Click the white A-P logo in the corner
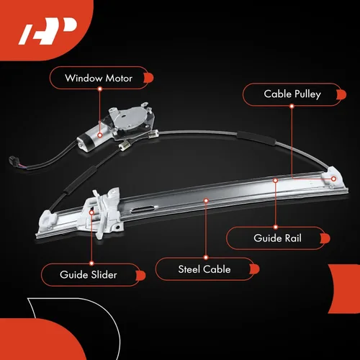[48, 31]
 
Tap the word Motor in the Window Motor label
[119, 78]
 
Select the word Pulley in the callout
[307, 94]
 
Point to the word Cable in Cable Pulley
[278, 94]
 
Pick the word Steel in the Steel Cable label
[189, 269]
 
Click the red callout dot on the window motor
[100, 135]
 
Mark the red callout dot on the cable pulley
[333, 179]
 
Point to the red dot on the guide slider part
[91, 212]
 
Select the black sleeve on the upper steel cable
[256, 138]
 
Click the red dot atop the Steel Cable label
[206, 258]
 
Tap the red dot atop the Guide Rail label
[276, 227]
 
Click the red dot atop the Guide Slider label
[91, 264]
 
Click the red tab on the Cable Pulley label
[341, 94]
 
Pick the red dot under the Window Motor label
[100, 89]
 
